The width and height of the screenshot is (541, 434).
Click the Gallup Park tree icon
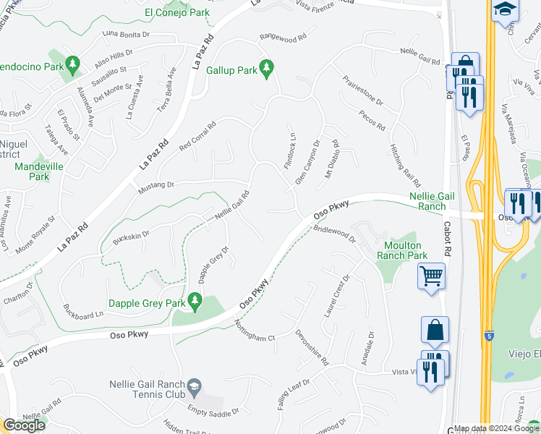[x=267, y=68]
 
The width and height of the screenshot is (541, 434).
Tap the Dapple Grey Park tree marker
[x=194, y=299]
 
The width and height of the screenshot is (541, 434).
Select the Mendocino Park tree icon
[x=72, y=66]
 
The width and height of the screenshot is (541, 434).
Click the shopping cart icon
[x=431, y=275]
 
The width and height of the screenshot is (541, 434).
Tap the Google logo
[x=24, y=425]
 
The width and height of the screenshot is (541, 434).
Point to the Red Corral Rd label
[x=197, y=135]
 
